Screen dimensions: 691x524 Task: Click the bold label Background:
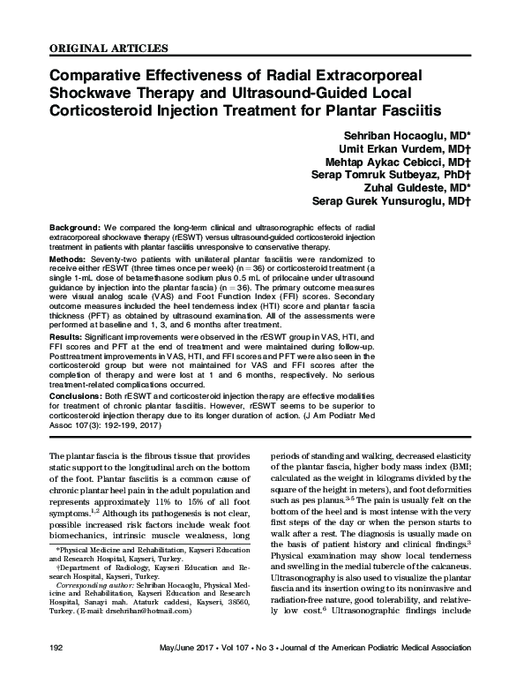click(74, 227)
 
